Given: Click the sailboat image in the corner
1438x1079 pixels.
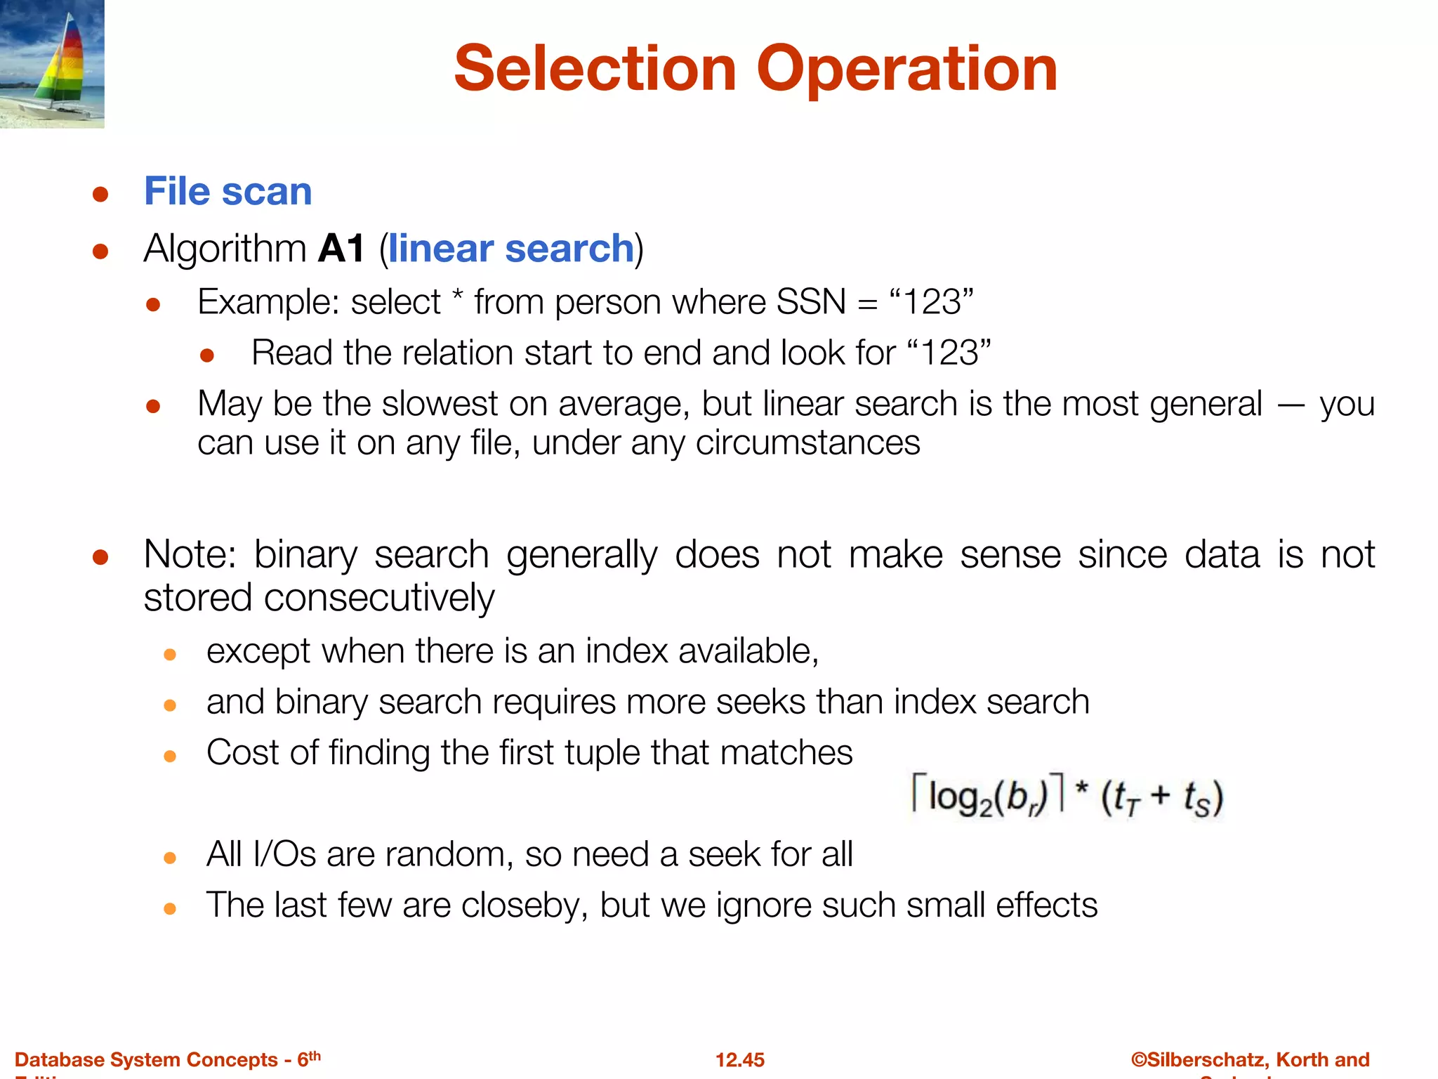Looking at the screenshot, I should pyautogui.click(x=52, y=63).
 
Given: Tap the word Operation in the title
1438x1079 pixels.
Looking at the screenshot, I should pyautogui.click(x=906, y=69).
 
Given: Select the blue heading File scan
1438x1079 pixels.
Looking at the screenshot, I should pyautogui.click(x=227, y=191).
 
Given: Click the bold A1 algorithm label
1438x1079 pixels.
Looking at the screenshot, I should pyautogui.click(x=341, y=249).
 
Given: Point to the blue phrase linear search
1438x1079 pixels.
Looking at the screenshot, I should pyautogui.click(x=511, y=249).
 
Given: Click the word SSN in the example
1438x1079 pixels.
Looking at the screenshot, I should pyautogui.click(x=811, y=302).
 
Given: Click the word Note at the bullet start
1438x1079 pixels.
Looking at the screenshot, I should pyautogui.click(x=190, y=555).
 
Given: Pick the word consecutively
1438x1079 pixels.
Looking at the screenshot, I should pyautogui.click(x=379, y=599).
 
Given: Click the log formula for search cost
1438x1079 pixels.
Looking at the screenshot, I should pyautogui.click(x=1067, y=797).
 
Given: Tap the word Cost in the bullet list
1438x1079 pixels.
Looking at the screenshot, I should pyautogui.click(x=242, y=753).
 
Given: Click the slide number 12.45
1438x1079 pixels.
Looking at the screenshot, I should pyautogui.click(x=739, y=1059).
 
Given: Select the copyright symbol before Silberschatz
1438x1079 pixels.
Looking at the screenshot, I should pyautogui.click(x=1138, y=1059).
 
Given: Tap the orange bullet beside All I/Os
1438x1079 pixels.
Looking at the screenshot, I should pyautogui.click(x=169, y=858).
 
